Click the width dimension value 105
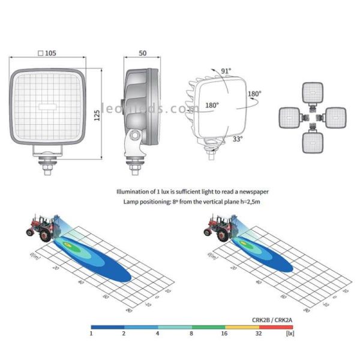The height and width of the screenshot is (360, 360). point(50,53)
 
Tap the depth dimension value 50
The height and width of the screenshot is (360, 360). point(142,53)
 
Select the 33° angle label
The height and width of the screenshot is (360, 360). point(238,139)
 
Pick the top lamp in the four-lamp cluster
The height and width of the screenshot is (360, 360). point(313,92)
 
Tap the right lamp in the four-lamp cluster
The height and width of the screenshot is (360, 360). point(337,116)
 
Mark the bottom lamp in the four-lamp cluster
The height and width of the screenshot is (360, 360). point(313,143)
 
